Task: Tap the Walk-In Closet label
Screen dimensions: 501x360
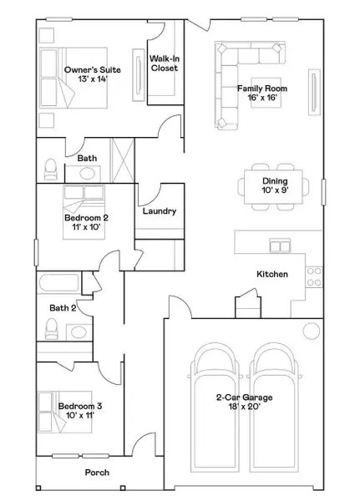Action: coord(165,63)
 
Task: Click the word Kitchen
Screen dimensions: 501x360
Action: coord(272,274)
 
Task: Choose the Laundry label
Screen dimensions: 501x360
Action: coord(160,211)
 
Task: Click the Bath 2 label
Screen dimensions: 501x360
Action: coord(62,308)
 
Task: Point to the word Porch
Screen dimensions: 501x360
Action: coord(97,473)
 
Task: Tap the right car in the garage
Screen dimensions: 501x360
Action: coord(276,392)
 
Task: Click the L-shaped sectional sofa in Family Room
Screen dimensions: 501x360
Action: coord(227,83)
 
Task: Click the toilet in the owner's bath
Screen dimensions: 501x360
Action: coord(49,170)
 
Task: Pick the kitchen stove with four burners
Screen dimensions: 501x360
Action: coord(314,276)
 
